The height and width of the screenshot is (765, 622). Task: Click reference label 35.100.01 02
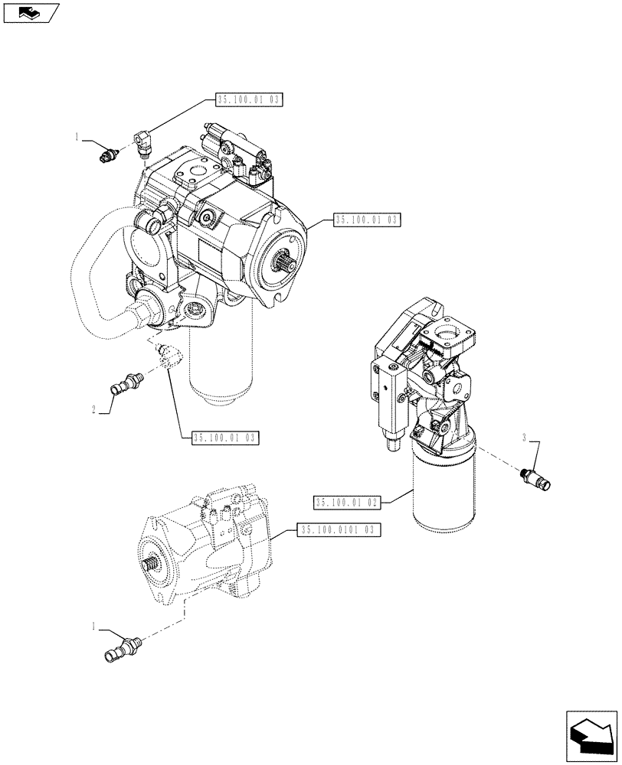[x=346, y=502]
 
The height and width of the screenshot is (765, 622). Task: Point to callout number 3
[x=524, y=438]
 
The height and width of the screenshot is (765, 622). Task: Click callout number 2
[x=93, y=410]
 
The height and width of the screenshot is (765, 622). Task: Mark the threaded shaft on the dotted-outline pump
[x=154, y=564]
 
